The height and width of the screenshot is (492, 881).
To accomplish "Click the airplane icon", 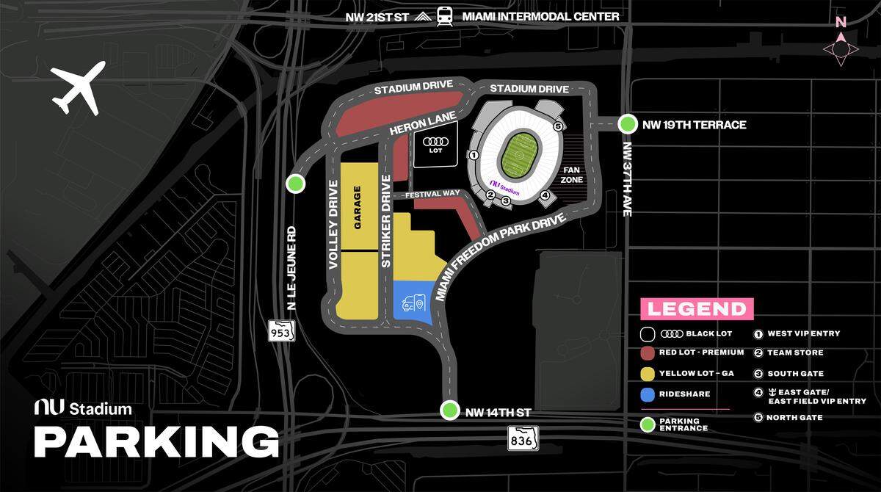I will (x=79, y=88).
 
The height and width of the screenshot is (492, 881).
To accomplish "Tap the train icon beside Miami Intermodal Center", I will (x=444, y=15).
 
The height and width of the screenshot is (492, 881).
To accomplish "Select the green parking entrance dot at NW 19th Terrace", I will (x=628, y=124).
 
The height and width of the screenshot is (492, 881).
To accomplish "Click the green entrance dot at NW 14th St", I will (x=449, y=410).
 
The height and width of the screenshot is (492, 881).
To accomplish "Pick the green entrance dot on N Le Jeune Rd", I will (x=295, y=184).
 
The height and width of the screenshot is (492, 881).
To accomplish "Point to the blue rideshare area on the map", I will (x=411, y=303).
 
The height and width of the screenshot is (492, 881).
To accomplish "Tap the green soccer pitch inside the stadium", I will (x=522, y=152).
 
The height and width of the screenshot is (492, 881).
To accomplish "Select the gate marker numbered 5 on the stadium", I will (x=558, y=126).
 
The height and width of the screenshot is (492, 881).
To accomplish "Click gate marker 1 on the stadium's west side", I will (x=474, y=155).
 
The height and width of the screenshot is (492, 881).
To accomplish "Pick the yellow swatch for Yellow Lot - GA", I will (x=648, y=374).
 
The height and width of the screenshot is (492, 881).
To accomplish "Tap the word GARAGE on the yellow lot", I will (x=358, y=209).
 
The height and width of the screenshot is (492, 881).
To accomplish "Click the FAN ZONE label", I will (x=572, y=174).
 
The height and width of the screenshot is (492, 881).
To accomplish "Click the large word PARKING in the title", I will (x=156, y=441).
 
